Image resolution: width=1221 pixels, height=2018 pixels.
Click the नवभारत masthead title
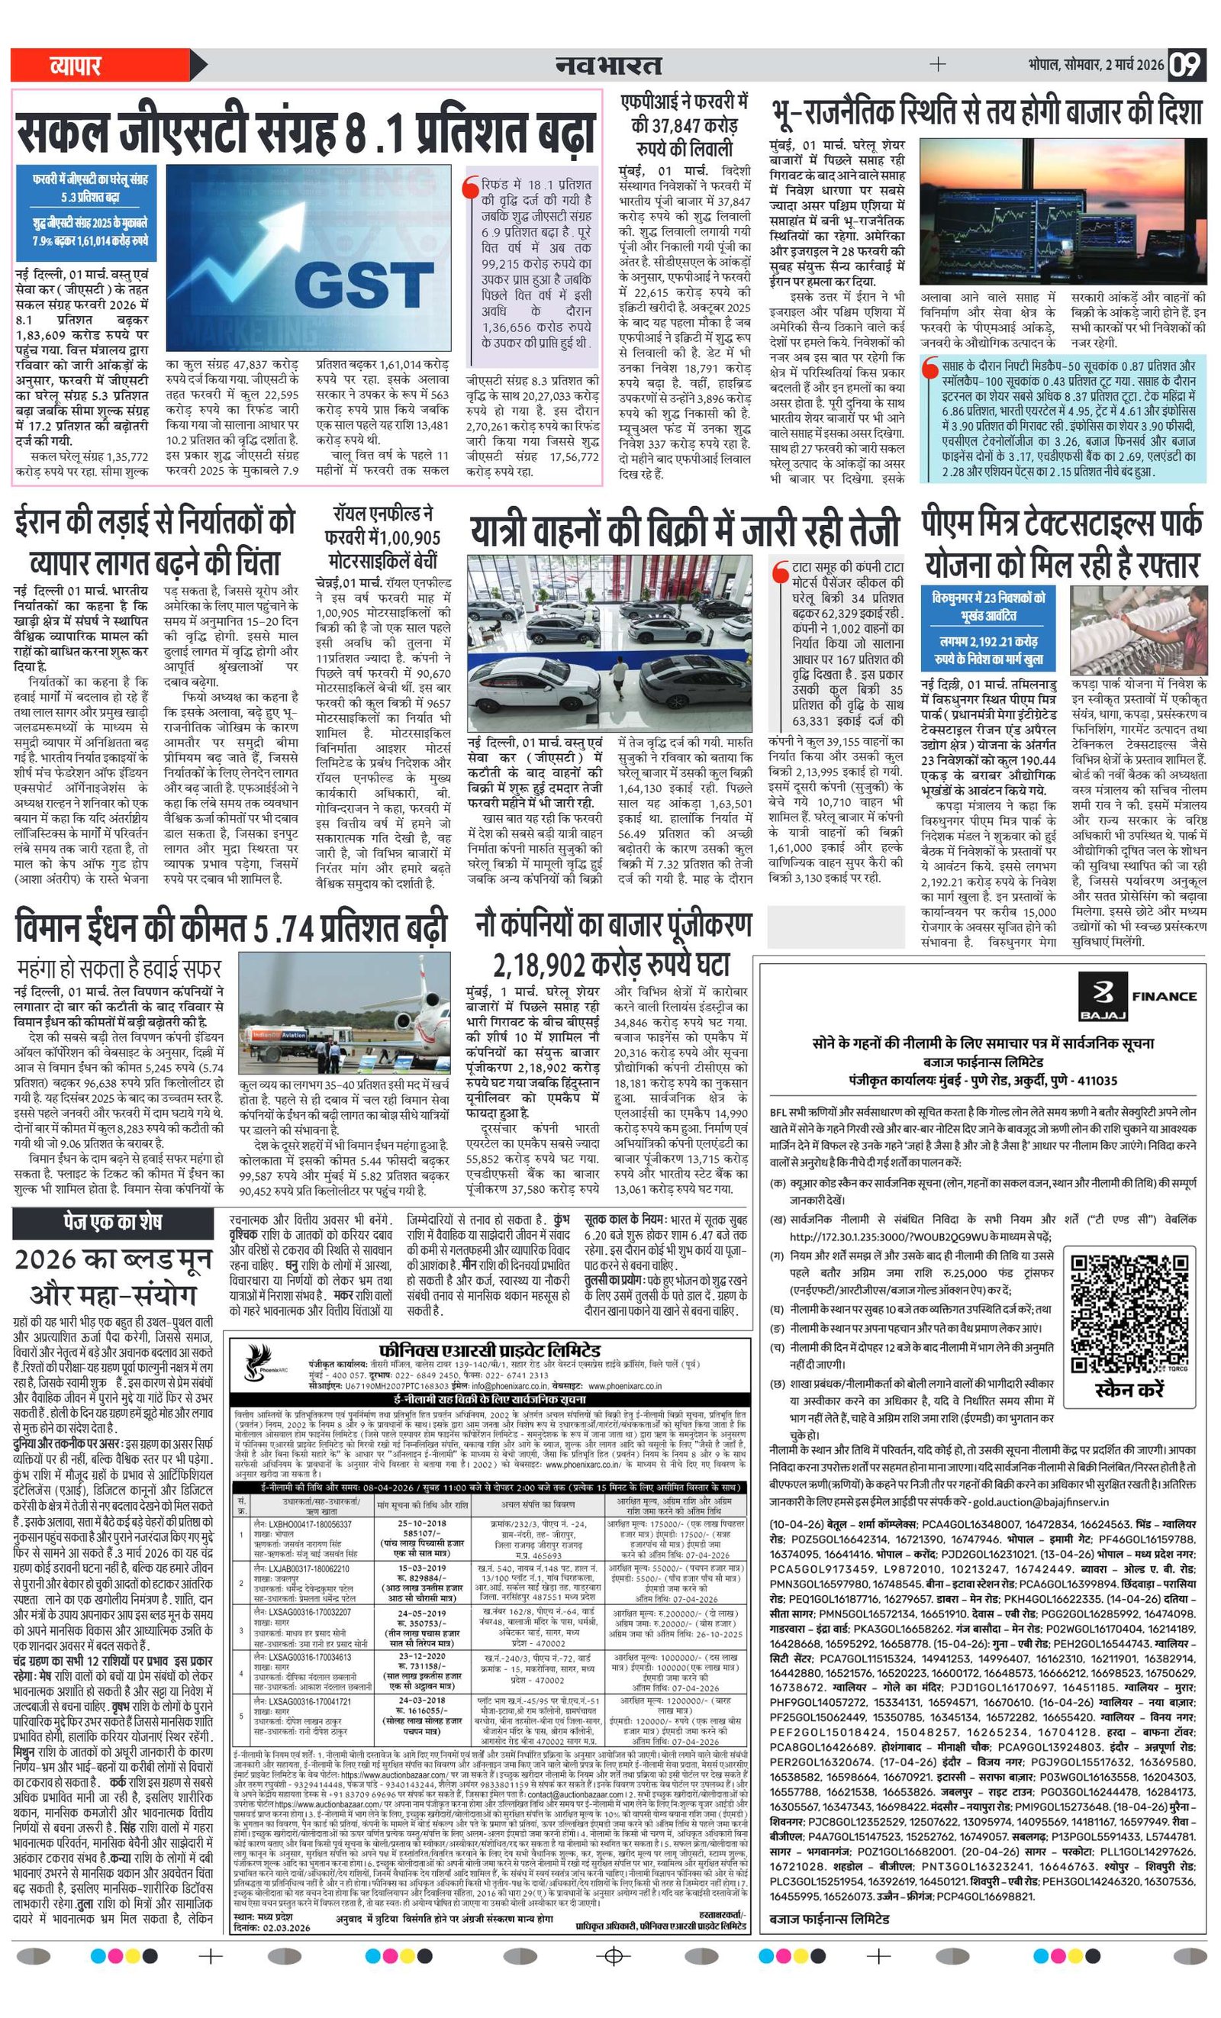(x=608, y=65)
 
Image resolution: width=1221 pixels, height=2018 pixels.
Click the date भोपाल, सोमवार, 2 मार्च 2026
(x=1097, y=65)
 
